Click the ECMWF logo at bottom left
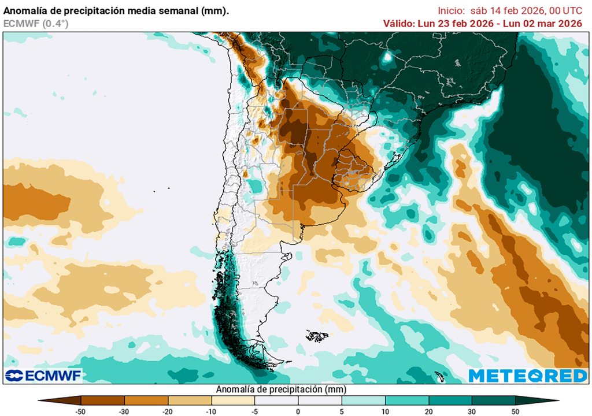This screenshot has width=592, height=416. pyautogui.click(x=43, y=376)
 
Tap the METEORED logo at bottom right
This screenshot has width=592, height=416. pyautogui.click(x=528, y=376)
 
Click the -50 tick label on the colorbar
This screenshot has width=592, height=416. pyautogui.click(x=82, y=411)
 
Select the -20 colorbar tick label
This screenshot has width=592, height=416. pyautogui.click(x=168, y=411)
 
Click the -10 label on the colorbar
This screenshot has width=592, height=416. pyautogui.click(x=212, y=411)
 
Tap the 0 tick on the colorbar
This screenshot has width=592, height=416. pyautogui.click(x=298, y=411)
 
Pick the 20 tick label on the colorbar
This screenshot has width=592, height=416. pyautogui.click(x=428, y=411)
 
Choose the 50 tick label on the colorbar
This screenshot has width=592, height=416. pyautogui.click(x=515, y=411)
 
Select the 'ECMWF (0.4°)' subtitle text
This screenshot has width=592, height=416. pyautogui.click(x=36, y=24)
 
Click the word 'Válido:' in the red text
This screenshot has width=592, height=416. pyautogui.click(x=399, y=24)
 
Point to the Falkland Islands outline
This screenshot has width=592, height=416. pyautogui.click(x=317, y=335)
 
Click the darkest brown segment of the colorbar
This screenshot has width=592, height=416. pyautogui.click(x=61, y=400)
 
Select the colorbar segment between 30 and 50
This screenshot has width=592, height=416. pyautogui.click(x=493, y=400)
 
